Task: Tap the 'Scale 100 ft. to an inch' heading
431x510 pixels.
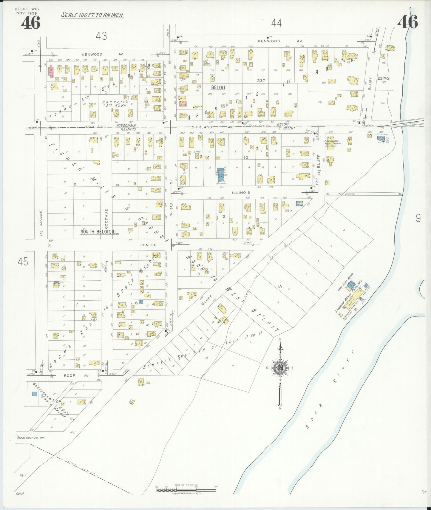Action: (92, 15)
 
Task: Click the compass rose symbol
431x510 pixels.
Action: (280, 369)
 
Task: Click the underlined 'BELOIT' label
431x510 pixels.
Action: (218, 88)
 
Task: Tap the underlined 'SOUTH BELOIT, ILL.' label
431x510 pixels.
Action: (100, 232)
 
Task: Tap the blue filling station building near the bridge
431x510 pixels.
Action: (381, 139)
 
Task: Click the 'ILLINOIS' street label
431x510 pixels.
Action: (241, 193)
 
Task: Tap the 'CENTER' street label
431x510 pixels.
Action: (148, 245)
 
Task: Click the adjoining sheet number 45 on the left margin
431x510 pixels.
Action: (23, 262)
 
